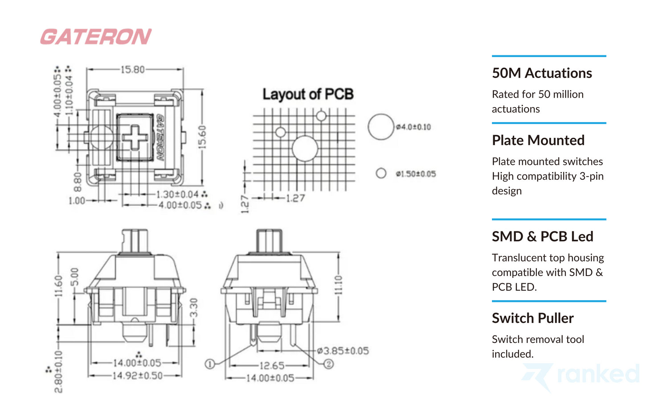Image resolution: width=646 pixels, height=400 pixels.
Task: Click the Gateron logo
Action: pyautogui.click(x=96, y=37)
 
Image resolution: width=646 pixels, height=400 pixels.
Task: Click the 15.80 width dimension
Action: pyautogui.click(x=133, y=70)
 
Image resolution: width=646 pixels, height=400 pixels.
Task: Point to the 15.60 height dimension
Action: pyautogui.click(x=202, y=137)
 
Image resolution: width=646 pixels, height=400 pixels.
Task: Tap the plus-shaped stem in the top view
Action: pyautogui.click(x=135, y=137)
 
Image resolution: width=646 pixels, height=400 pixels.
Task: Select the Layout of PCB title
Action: pyautogui.click(x=308, y=94)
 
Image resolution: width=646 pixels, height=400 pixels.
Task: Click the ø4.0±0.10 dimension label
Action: pyautogui.click(x=413, y=127)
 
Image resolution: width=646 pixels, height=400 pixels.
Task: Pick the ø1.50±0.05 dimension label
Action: pyautogui.click(x=416, y=174)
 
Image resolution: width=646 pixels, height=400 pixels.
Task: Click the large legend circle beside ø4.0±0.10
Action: pyautogui.click(x=381, y=127)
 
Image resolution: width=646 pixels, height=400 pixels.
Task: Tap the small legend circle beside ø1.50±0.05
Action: pyautogui.click(x=381, y=173)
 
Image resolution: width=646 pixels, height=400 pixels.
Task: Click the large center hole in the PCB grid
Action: pyautogui.click(x=305, y=148)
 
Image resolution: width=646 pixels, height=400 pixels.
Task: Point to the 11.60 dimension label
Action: pyautogui.click(x=58, y=285)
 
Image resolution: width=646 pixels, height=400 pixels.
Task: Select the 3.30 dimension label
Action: pyautogui.click(x=193, y=308)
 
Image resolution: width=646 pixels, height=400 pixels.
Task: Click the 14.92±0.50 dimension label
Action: pyautogui.click(x=137, y=375)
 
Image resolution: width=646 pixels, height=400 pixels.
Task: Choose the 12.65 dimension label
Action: pyautogui.click(x=272, y=366)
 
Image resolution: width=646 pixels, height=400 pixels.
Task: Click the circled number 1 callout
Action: pyautogui.click(x=210, y=364)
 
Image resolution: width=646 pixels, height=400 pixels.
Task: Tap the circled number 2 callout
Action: pyautogui.click(x=328, y=364)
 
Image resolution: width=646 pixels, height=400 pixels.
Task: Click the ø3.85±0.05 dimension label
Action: pyautogui.click(x=343, y=351)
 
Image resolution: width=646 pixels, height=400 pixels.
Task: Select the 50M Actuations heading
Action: pyautogui.click(x=542, y=73)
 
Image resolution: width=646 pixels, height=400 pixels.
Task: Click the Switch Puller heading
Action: pyautogui.click(x=532, y=318)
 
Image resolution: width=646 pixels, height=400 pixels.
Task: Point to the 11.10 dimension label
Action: pyautogui.click(x=338, y=285)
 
